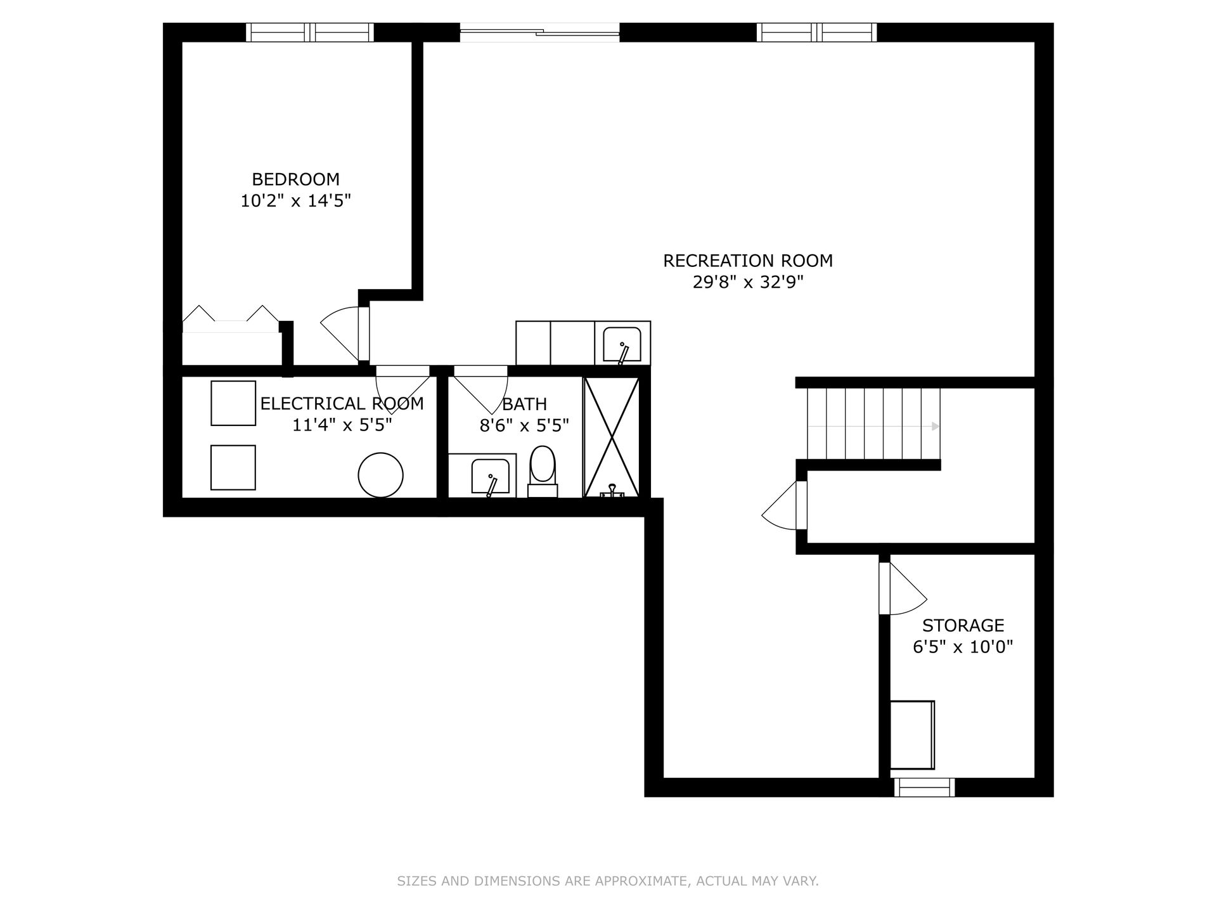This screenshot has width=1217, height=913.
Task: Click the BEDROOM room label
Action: [x=295, y=179]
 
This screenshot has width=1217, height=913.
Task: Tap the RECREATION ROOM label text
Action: [x=748, y=261]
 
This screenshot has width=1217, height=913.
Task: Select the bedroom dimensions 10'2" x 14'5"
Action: [x=295, y=201]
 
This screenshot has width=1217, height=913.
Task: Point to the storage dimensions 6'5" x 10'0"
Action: [x=963, y=647]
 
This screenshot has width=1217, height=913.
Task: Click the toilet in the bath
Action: [x=543, y=472]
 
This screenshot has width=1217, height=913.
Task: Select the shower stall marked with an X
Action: [x=611, y=437]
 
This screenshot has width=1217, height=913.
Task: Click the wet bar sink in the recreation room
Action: [x=622, y=345]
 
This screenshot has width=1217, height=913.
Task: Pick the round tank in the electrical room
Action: [x=380, y=475]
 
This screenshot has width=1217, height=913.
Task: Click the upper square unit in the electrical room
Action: [x=233, y=403]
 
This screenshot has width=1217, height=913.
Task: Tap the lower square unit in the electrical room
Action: [x=233, y=467]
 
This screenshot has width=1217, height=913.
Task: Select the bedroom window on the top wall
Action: [x=310, y=32]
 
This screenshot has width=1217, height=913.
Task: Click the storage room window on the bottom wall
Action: [x=924, y=787]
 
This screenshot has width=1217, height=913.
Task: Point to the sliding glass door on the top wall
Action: [x=539, y=32]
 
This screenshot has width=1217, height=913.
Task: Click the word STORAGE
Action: [x=963, y=626]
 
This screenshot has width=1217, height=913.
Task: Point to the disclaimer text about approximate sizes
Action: [x=608, y=881]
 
